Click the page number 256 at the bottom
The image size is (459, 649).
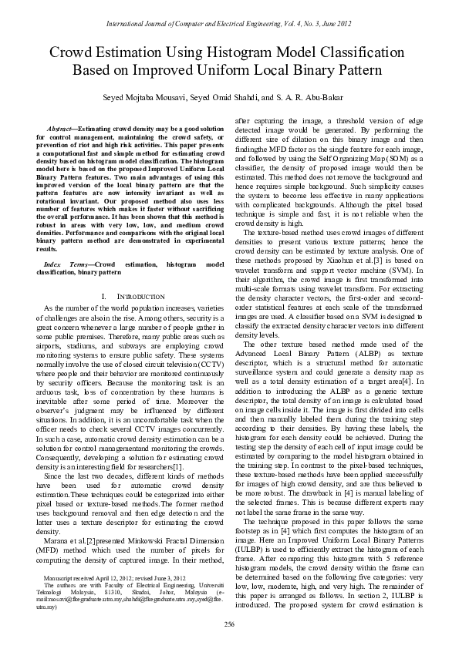tap(229, 624)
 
